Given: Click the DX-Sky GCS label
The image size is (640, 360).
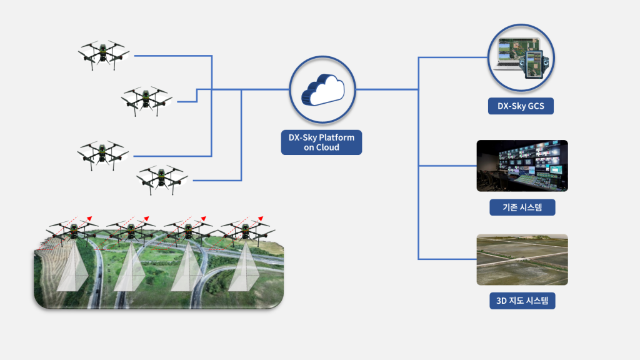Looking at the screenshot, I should tap(521, 106).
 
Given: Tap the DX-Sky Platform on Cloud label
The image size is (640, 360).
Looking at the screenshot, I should tap(321, 142).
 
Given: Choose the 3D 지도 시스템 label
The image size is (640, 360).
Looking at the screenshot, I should tap(522, 301).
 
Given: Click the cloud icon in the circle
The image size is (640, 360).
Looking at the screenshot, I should tap(322, 89).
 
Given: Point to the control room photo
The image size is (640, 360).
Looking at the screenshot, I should tap(522, 166).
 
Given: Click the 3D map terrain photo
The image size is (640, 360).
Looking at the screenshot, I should tap(522, 259).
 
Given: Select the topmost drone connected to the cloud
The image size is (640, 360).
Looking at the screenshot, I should tap(103, 54).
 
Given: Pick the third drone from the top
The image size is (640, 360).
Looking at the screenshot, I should tap(103, 153).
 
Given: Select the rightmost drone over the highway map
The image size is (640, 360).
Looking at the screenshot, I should tap(245, 229).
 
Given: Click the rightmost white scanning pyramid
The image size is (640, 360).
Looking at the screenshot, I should tap(244, 269).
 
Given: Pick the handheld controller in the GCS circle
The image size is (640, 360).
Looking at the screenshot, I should tap(534, 62).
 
